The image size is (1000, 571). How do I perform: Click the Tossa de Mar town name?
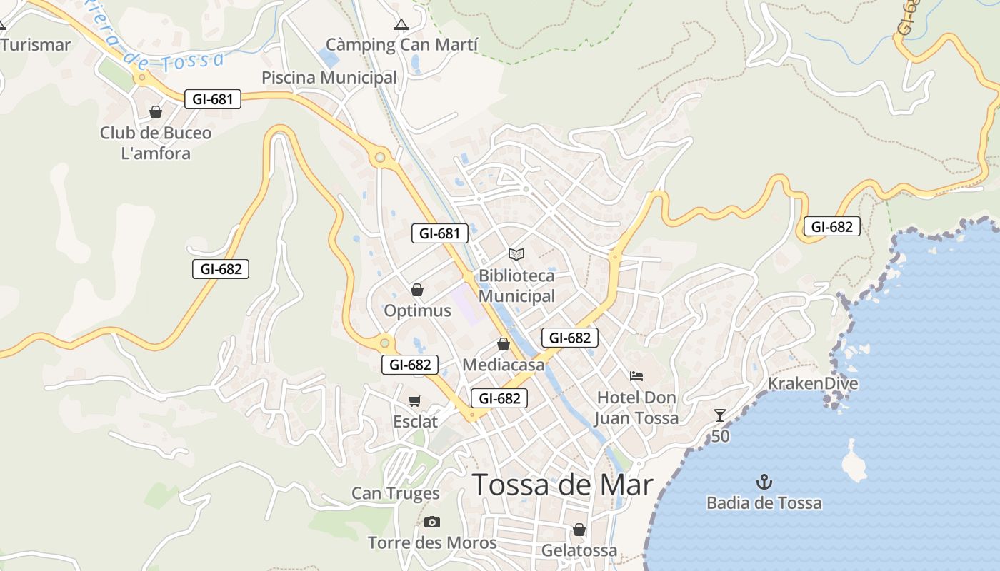[x=563, y=485]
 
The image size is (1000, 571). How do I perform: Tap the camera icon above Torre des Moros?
[x=431, y=522]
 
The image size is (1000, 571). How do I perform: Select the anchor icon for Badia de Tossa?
[x=764, y=482]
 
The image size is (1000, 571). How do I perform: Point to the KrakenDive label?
[x=813, y=384]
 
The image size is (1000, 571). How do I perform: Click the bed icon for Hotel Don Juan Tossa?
[x=636, y=375]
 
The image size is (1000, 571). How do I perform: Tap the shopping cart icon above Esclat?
[x=415, y=400]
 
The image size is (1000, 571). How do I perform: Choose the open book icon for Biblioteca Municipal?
[x=516, y=254]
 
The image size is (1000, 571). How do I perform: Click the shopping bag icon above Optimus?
[x=417, y=290]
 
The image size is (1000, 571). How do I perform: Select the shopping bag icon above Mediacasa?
[x=504, y=344]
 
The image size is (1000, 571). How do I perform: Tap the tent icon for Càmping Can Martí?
[x=401, y=24]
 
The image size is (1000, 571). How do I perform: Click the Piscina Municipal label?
[x=329, y=77]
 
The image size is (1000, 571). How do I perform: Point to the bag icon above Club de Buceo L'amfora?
[x=156, y=112]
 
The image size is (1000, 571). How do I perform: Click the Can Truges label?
[x=396, y=493]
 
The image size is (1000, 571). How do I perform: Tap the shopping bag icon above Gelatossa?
[x=579, y=530]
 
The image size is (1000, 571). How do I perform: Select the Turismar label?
[x=36, y=45]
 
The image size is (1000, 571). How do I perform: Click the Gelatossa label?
[x=579, y=551]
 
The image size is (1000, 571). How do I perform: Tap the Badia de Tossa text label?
[x=764, y=503]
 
